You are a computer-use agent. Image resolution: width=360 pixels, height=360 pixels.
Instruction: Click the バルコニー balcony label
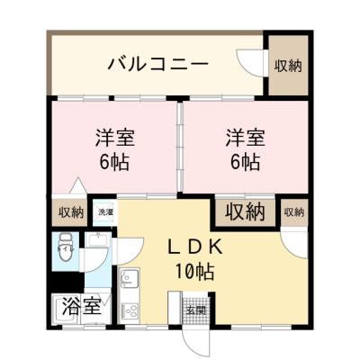[157, 64]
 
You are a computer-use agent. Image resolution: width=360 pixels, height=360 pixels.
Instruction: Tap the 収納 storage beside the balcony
[288, 65]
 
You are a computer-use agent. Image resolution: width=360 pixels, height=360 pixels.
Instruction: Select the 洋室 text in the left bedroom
[116, 139]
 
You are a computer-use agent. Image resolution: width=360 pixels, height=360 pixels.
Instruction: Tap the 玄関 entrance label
[195, 310]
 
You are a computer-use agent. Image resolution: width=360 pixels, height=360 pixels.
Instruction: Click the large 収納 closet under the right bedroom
[244, 213]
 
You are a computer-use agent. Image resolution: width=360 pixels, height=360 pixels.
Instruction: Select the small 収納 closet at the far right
[293, 212]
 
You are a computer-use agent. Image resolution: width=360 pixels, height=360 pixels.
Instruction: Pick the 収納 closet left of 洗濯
[71, 213]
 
